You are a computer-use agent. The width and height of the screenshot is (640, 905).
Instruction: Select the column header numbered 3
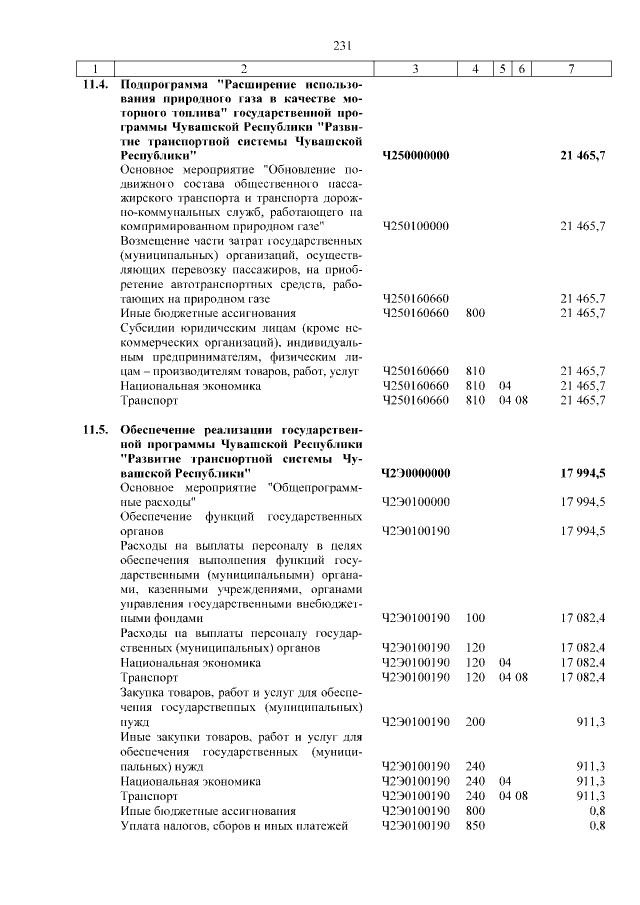pos(414,68)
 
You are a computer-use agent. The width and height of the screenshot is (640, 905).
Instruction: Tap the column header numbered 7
pos(570,68)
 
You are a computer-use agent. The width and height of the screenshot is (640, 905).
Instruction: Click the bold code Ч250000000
pos(416,156)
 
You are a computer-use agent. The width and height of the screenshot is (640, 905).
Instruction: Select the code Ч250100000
pos(416,227)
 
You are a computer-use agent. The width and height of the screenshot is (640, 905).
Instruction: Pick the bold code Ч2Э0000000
pos(416,472)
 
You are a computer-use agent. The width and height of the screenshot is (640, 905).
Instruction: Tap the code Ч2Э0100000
pos(416,501)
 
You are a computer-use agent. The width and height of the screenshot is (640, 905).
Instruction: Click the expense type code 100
pos(475,619)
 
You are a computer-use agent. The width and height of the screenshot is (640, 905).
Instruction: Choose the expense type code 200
pos(475,720)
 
